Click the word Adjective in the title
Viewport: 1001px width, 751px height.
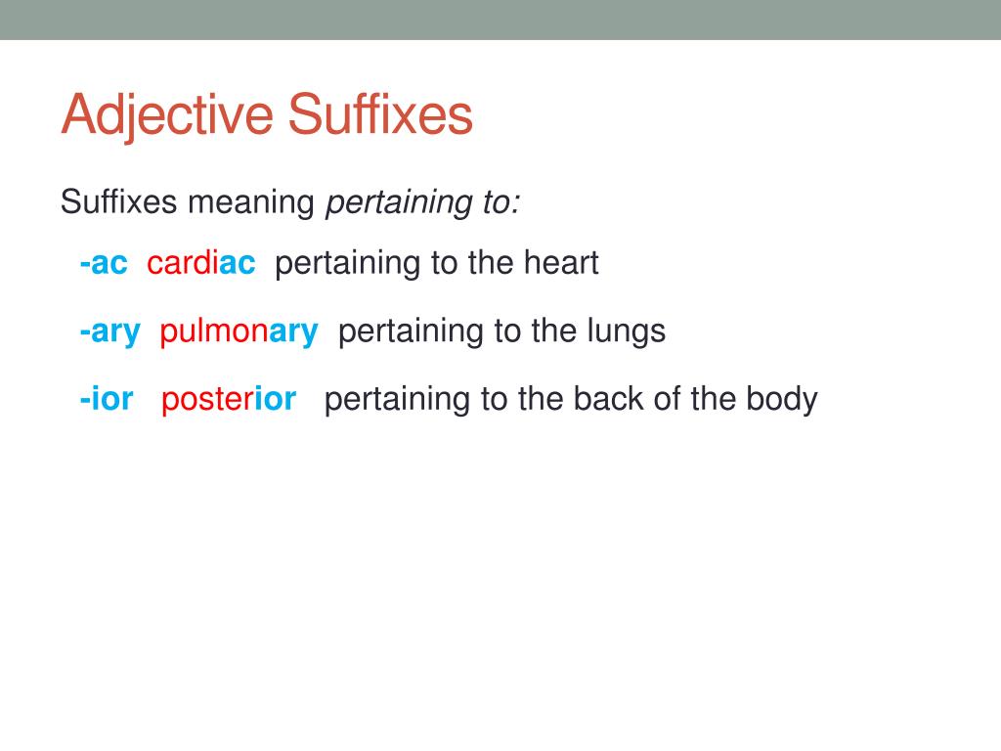pos(167,116)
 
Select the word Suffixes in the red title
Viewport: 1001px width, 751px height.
pos(380,114)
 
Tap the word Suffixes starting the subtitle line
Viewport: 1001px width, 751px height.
pos(118,202)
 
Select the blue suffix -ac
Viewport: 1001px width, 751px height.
pos(104,263)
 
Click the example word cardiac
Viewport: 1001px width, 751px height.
pos(201,263)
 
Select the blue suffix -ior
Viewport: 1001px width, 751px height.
pos(107,399)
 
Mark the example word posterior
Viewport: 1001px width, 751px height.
pos(229,399)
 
